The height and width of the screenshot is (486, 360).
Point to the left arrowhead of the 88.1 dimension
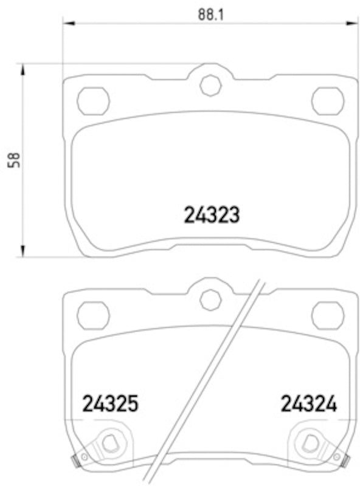click(x=69, y=23)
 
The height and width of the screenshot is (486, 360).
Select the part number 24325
click(x=111, y=404)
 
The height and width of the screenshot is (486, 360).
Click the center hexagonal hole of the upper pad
click(x=210, y=85)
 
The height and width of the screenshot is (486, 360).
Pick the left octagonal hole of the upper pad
click(x=93, y=100)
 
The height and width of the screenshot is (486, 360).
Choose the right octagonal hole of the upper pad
click(x=328, y=100)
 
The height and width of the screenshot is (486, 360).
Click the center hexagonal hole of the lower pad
click(x=210, y=299)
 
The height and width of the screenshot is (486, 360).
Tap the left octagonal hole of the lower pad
click(x=93, y=315)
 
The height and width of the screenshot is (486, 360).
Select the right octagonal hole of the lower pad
click(x=328, y=315)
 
